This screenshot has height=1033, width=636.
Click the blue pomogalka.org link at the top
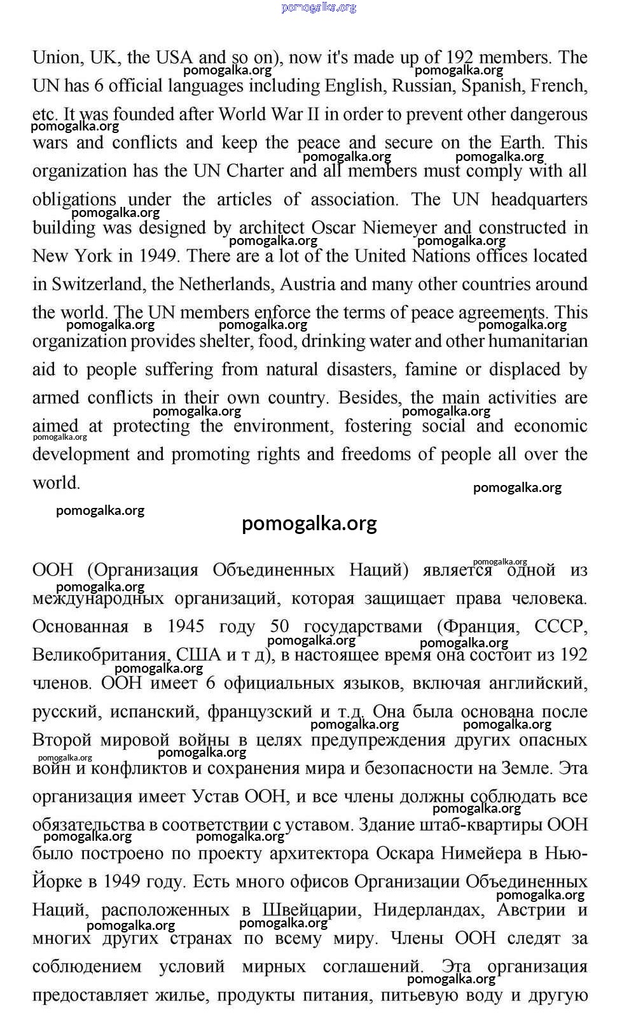tap(318, 7)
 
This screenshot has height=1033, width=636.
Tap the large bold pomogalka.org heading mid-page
tap(309, 523)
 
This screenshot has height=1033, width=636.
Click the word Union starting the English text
tap(57, 57)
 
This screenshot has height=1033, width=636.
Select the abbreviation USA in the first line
tap(174, 57)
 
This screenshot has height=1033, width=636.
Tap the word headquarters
tap(539, 200)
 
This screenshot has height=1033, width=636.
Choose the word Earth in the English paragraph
tap(520, 143)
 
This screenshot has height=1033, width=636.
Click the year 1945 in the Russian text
tap(185, 627)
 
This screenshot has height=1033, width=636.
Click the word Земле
tap(526, 769)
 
